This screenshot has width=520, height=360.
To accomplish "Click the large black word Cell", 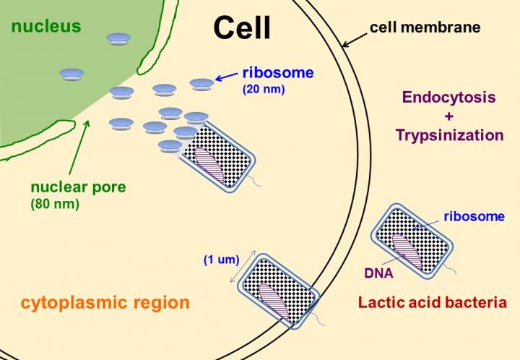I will pyautogui.click(x=242, y=27).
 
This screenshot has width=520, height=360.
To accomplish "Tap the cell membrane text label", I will pyautogui.click(x=425, y=29).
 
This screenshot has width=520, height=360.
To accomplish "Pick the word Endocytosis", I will pyautogui.click(x=448, y=98).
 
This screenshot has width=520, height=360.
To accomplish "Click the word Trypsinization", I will pyautogui.click(x=448, y=134).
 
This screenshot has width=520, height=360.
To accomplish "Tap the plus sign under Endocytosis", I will pyautogui.click(x=448, y=116).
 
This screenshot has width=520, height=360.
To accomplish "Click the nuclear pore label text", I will pyautogui.click(x=78, y=187).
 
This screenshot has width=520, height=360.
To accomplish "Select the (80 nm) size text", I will pyautogui.click(x=55, y=204).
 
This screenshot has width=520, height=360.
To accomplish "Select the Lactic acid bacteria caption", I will pyautogui.click(x=432, y=302).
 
